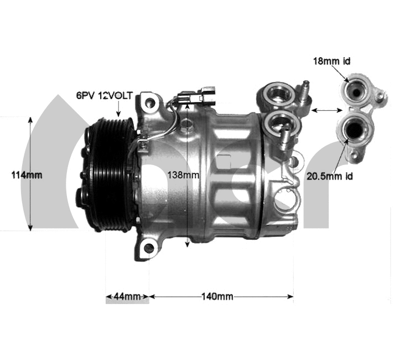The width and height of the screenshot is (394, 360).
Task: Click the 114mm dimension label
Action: [x=27, y=174]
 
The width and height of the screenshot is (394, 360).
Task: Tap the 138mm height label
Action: [x=182, y=174]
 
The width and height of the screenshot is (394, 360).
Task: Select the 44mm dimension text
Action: [x=127, y=296]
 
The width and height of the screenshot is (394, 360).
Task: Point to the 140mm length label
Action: [x=217, y=296]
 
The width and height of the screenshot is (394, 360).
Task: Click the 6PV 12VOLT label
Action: [x=103, y=95]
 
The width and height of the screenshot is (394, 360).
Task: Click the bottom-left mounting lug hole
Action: [x=148, y=248]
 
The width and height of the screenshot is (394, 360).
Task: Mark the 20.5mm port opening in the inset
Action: [x=352, y=129]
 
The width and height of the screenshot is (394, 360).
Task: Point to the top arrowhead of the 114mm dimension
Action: [x=30, y=119]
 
